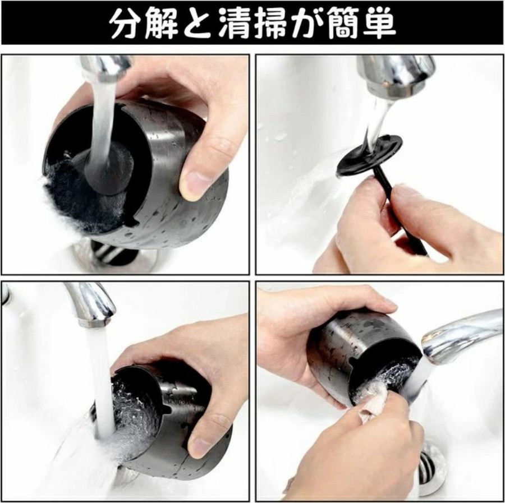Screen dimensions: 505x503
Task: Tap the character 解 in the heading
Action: pos(162,23)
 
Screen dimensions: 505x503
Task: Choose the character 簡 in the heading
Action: pos(342,23)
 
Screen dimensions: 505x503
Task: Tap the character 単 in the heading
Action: pos(379,23)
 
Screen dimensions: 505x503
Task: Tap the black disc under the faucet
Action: pos(370,156)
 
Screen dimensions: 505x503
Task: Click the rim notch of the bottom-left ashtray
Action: pos(167,409)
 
